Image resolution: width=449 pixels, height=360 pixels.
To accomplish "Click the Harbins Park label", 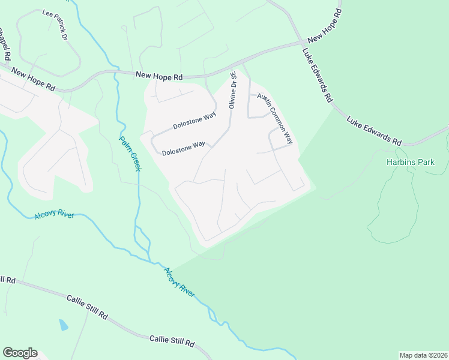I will coord(411,162).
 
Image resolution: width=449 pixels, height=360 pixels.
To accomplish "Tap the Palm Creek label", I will coord(129,154).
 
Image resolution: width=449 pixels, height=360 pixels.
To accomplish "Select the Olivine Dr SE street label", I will coord(232,89).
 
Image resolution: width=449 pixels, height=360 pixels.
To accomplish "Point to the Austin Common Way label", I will coord(275,119).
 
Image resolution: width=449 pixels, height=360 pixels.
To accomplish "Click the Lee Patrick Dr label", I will coord(54,24).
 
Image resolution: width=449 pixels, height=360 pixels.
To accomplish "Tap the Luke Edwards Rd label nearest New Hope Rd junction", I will coord(318,75).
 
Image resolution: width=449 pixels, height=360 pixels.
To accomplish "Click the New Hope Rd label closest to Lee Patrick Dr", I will coord(33,80).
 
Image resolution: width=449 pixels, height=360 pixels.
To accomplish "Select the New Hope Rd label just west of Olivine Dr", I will coord(159,76).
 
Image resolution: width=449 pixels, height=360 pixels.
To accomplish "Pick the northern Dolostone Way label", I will coord(194,122).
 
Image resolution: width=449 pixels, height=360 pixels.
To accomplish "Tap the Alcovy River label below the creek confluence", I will coord(179,283).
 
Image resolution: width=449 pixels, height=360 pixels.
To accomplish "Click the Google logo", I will coord(20,353).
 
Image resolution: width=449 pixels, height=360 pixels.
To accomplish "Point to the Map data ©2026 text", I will coord(423,355).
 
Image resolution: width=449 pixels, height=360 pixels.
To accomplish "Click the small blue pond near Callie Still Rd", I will coord(64,325).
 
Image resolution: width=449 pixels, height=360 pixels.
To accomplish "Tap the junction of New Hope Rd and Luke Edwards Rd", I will coord(302,43).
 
